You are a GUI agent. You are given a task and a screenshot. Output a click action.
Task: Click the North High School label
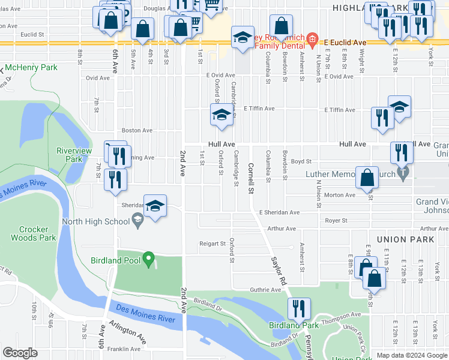pos(96,221)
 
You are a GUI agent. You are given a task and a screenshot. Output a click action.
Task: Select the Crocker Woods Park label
pos(37,233)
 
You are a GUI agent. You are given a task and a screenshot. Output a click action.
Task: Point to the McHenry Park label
pos(33,68)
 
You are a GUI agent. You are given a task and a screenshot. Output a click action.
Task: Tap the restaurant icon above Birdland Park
pos(298,309)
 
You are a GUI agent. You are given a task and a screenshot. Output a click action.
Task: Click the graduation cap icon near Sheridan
pos(155,206)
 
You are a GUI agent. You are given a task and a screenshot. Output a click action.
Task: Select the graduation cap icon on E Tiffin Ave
pos(221,115)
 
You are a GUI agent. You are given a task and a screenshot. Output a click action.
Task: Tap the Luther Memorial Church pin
pos(403,175)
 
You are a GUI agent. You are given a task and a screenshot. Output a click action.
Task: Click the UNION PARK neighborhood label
pos(405,239)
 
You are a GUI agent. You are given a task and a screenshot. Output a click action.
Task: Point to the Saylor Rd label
pos(279,271)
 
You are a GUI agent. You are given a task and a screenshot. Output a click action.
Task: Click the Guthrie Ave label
pos(265,290)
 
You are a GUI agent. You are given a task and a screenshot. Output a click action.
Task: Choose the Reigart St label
pos(212,244)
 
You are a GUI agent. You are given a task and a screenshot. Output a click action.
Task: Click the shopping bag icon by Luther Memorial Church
pos(367,178)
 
